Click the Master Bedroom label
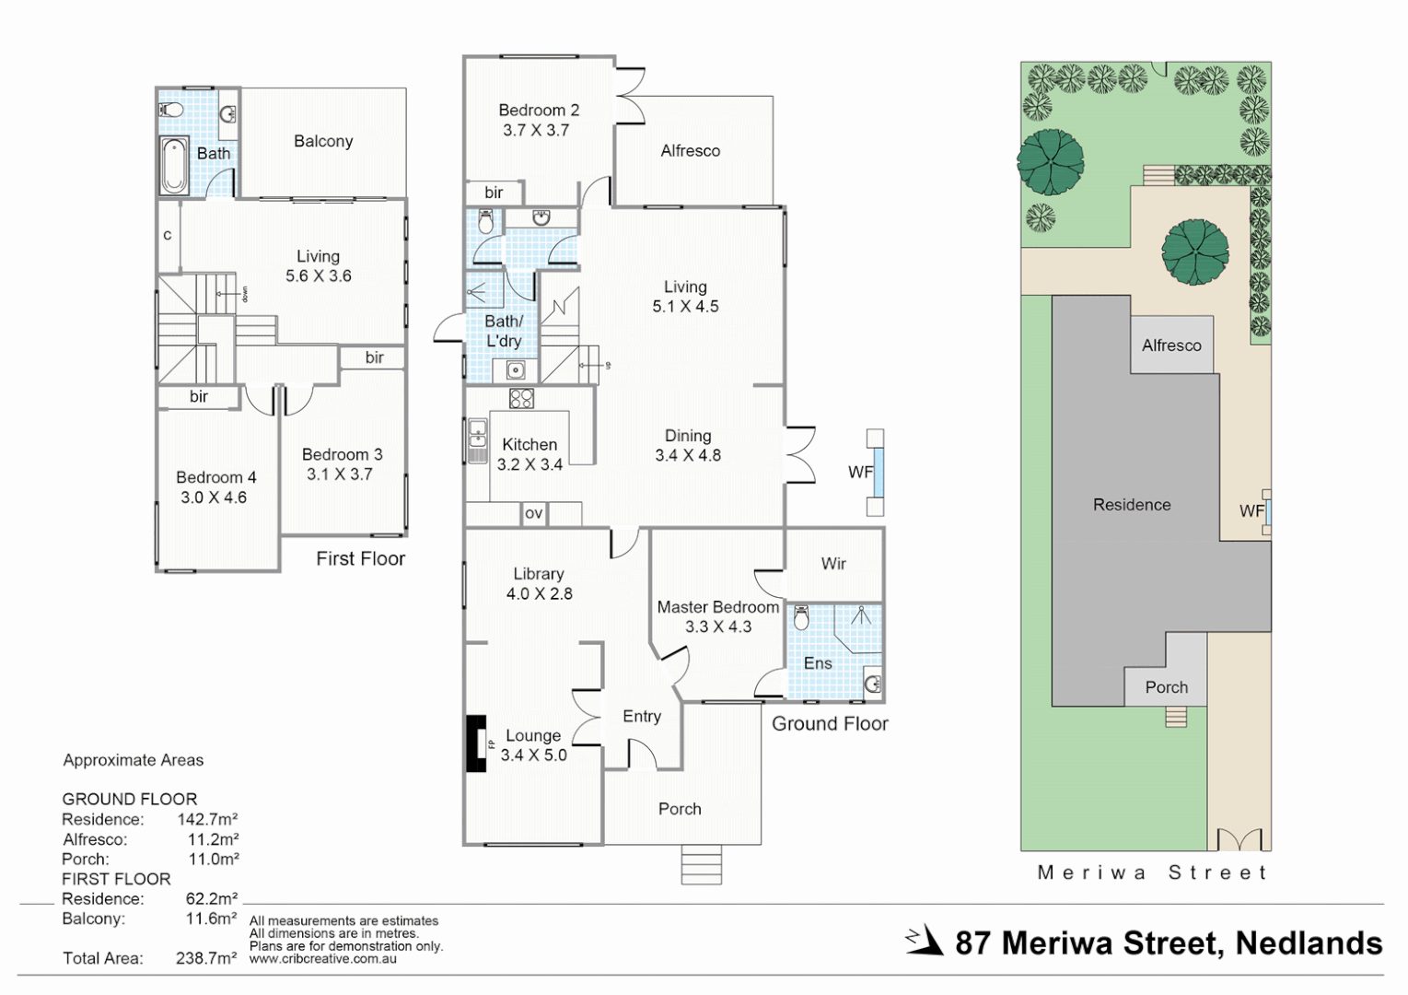pos(717,607)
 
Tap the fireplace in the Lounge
pos(476,743)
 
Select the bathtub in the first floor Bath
pos(174,166)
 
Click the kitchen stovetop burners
pos(521,399)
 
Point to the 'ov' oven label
pos(533,513)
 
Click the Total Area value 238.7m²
pos(206,958)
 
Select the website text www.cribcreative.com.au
pos(322,959)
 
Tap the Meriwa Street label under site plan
pos(1152,872)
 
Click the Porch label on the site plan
pos(1166,687)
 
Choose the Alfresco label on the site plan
pos(1171,345)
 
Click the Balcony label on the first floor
pos(323,141)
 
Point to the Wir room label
pos(833,563)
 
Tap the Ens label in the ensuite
pos(818,663)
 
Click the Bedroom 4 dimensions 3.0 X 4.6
pos(214,497)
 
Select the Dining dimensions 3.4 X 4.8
pos(688,455)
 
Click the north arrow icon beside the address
pos(925,942)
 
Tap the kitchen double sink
pos(477,441)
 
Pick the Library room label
pos(539,574)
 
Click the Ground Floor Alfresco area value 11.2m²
pos(213,839)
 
